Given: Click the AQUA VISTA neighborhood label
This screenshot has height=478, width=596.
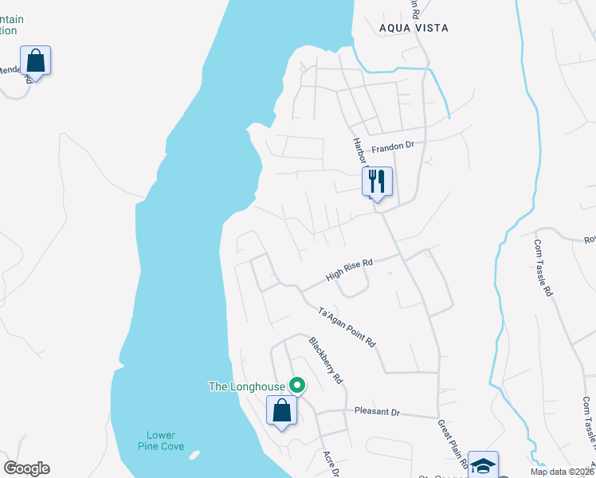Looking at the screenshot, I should (x=414, y=28).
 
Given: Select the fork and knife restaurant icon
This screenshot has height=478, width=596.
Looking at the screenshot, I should (x=377, y=182).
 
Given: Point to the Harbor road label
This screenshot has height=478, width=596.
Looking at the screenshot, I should (x=359, y=151).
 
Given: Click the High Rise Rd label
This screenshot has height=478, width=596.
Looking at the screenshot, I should (x=349, y=271).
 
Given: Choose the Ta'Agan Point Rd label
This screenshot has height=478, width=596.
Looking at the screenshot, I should (x=347, y=326).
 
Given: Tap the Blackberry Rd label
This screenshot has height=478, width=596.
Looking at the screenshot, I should (x=325, y=361).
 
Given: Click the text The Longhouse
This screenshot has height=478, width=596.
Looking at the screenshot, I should (x=246, y=387).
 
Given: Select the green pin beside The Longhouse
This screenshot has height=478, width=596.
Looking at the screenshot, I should (x=297, y=386).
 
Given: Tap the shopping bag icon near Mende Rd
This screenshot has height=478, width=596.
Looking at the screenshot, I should (x=35, y=60).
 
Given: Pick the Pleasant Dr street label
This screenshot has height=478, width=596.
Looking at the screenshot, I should (x=377, y=413).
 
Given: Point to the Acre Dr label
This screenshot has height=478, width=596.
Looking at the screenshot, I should (x=331, y=464).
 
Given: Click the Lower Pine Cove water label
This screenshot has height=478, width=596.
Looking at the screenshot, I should (x=161, y=441).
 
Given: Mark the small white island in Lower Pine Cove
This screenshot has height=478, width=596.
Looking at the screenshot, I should (x=194, y=456).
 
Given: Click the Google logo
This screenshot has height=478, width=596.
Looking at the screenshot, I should (x=26, y=468).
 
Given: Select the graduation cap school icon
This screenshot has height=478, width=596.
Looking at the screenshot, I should (x=483, y=464).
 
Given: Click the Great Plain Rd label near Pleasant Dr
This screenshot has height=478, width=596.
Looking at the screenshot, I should (x=445, y=440).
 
